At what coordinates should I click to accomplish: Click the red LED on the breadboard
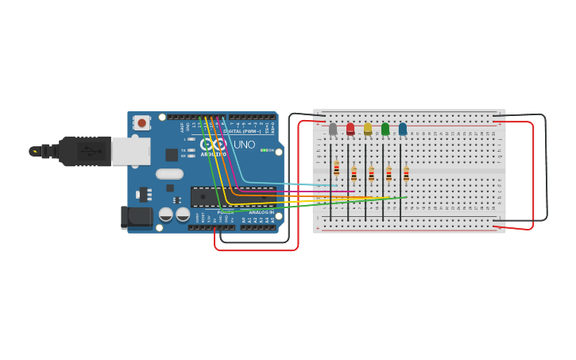[350, 129]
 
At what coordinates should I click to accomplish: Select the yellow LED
[368, 129]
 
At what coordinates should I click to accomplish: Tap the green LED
[385, 129]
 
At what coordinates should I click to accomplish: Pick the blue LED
[403, 129]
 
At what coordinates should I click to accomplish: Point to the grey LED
[333, 129]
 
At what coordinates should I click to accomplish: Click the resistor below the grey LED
[337, 168]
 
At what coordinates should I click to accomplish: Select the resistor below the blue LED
[406, 173]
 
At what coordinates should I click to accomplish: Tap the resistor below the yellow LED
[371, 173]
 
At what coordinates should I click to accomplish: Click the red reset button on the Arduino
[141, 122]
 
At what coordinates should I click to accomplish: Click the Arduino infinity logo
[213, 144]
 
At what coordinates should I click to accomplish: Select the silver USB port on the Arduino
[130, 151]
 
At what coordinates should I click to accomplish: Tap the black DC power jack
[135, 217]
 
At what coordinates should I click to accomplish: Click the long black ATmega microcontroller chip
[232, 196]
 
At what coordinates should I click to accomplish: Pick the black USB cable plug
[84, 151]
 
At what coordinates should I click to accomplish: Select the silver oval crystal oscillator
[169, 174]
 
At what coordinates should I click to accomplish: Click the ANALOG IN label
[261, 212]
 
